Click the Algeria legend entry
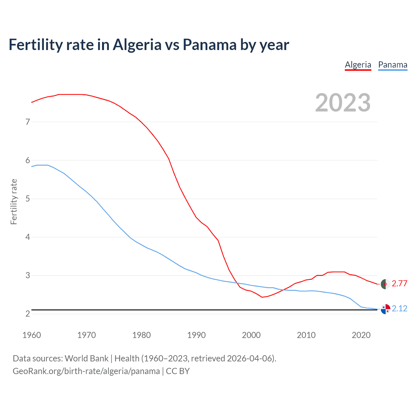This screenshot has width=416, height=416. (358, 65)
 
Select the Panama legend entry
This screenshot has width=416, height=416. (393, 65)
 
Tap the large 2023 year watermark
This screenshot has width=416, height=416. (343, 103)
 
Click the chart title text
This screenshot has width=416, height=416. (149, 45)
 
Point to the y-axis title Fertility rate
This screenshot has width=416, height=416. (14, 201)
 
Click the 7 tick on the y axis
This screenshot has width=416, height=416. (28, 122)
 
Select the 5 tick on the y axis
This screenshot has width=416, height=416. (28, 199)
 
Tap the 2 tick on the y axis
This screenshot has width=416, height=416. (28, 314)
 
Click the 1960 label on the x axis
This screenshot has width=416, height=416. (32, 335)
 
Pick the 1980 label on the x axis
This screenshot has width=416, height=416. (141, 335)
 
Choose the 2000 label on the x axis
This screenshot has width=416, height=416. (251, 335)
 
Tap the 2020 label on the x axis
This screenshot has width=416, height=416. (361, 335)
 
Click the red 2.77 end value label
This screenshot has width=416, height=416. (399, 283)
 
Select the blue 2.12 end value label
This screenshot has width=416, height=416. (399, 308)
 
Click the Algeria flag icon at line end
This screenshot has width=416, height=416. (385, 284)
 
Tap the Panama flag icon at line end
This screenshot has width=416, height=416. (385, 309)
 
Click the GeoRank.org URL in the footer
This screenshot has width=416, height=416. (86, 371)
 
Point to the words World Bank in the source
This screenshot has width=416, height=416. (86, 358)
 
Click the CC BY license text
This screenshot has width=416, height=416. (178, 371)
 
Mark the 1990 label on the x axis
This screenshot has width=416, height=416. (196, 335)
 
